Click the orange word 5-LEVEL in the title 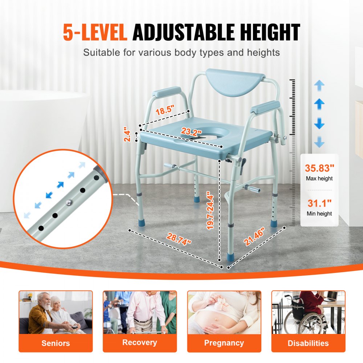(95, 32)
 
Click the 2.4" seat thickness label (126, 134)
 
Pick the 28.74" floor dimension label (179, 240)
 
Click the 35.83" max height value (319, 168)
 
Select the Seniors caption (56, 343)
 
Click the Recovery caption (139, 342)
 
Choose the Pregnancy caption (224, 343)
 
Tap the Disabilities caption (308, 343)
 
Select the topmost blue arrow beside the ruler (319, 86)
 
